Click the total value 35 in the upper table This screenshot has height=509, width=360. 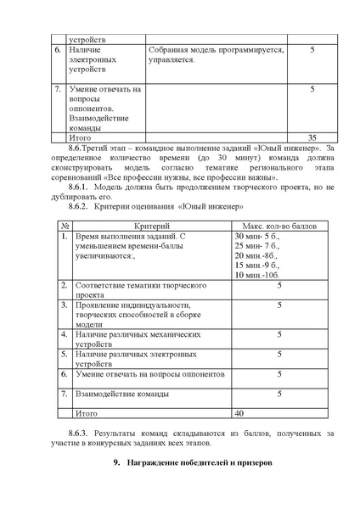[x=312, y=136]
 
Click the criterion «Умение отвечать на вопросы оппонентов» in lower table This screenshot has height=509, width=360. [x=150, y=373]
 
